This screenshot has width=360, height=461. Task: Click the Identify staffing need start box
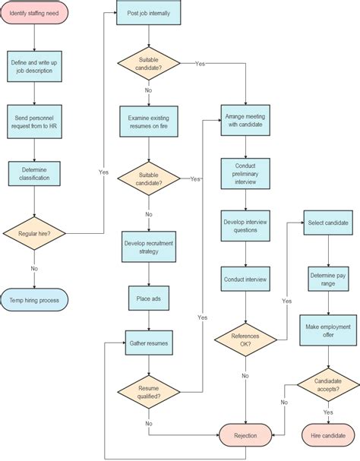(x=35, y=14)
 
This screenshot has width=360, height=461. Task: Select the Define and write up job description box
(x=35, y=66)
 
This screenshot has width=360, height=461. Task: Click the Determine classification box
(x=35, y=174)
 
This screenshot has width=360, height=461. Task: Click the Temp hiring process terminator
(x=35, y=300)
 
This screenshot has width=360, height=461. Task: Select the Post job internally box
(x=148, y=14)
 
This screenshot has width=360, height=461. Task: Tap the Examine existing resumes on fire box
(x=148, y=119)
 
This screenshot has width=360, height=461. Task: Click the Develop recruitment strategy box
(x=148, y=247)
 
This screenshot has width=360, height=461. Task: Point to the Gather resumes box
(x=148, y=343)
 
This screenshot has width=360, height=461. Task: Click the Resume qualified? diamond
(x=148, y=392)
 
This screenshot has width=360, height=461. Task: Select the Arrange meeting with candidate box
(x=245, y=121)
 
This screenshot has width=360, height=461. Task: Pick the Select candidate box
(x=328, y=223)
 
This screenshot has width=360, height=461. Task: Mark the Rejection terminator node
(x=245, y=436)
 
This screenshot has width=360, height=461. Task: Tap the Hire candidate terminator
(x=328, y=436)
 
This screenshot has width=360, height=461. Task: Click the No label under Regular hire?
(x=35, y=268)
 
